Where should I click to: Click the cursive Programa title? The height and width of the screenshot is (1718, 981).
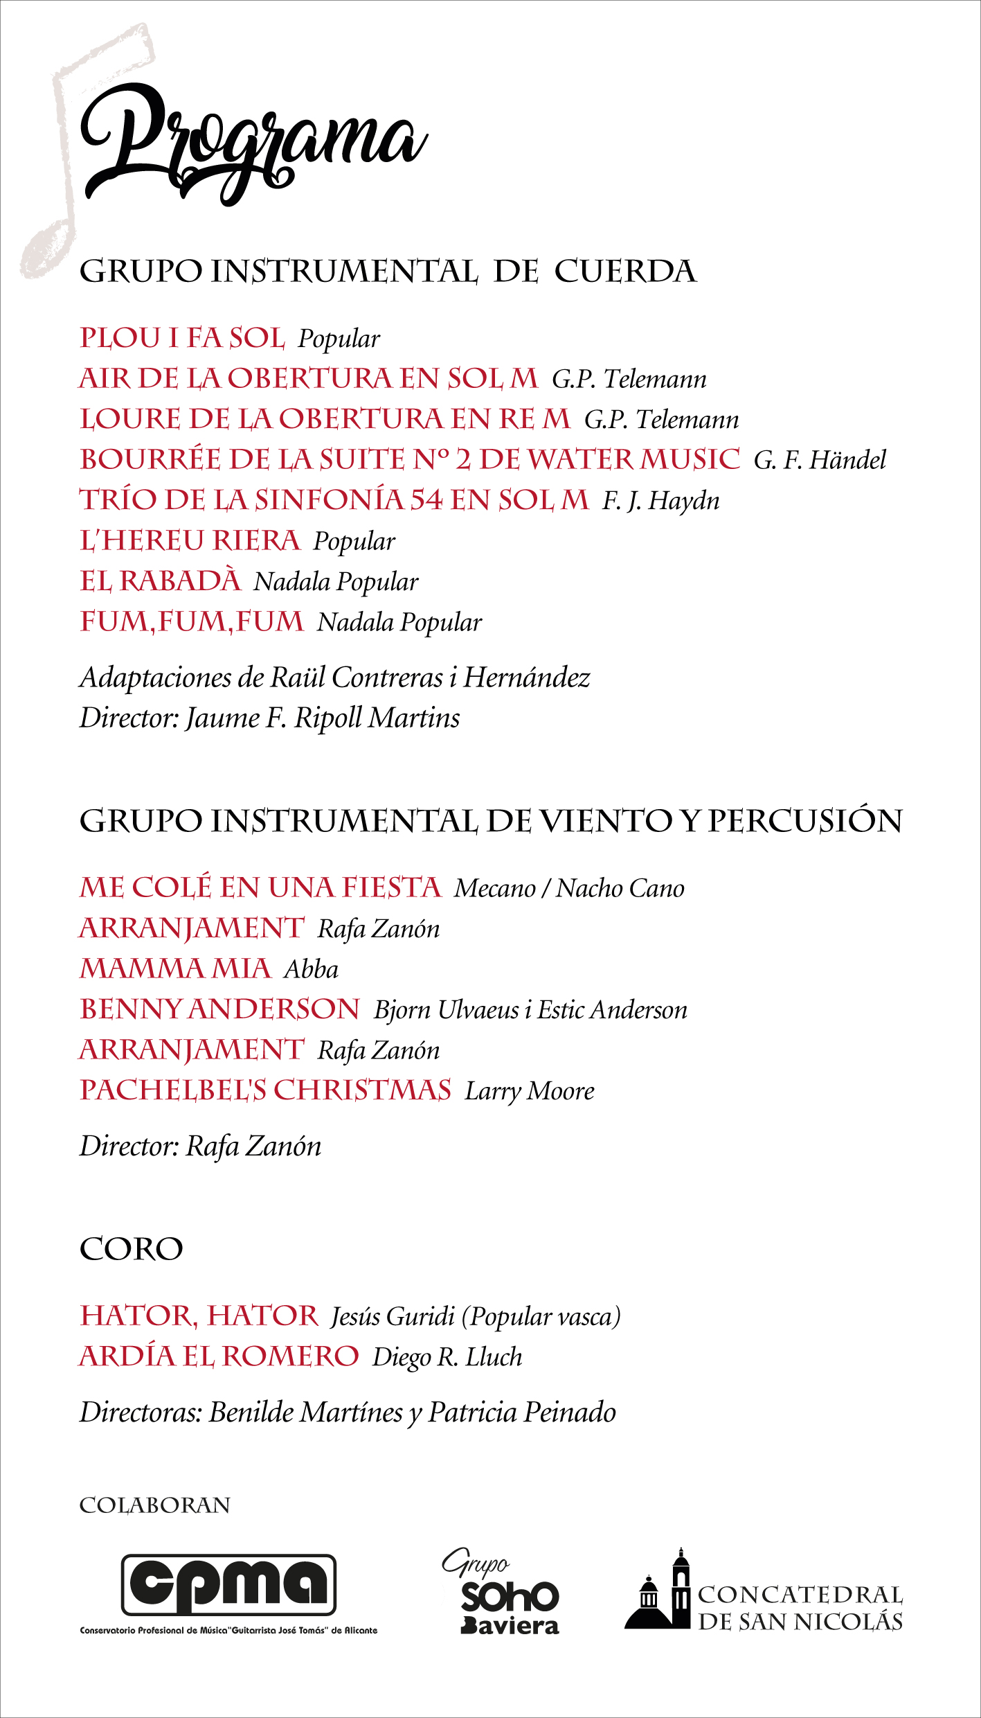[253, 142]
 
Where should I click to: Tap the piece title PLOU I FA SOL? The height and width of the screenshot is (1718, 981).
[182, 338]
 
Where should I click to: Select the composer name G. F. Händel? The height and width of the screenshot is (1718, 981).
[820, 460]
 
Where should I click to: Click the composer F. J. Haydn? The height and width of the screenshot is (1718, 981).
[660, 501]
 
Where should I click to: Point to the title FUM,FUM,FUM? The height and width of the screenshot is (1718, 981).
[192, 621]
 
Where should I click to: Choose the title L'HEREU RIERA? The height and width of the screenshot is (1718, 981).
[190, 541]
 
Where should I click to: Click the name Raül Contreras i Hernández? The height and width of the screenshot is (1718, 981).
[430, 678]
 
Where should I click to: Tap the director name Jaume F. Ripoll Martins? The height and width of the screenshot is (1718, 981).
[323, 718]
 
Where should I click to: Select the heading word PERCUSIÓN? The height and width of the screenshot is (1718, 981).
[805, 821]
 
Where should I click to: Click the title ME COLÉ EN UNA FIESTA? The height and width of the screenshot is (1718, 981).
[260, 887]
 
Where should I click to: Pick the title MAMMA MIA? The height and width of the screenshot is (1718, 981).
[175, 968]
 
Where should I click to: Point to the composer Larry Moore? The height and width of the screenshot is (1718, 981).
[530, 1091]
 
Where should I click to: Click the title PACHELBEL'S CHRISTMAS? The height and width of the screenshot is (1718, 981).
[266, 1090]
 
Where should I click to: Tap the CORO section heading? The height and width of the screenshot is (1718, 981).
[132, 1250]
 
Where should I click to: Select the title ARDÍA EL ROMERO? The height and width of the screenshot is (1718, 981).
[219, 1356]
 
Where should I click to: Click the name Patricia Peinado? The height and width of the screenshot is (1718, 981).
[522, 1413]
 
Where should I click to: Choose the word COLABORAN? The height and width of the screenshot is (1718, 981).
[155, 1505]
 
